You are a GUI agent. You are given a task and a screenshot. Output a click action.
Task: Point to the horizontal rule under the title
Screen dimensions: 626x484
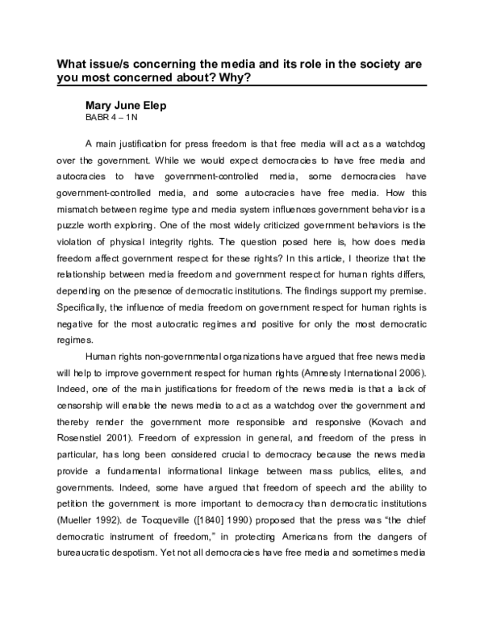tap(241, 86)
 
